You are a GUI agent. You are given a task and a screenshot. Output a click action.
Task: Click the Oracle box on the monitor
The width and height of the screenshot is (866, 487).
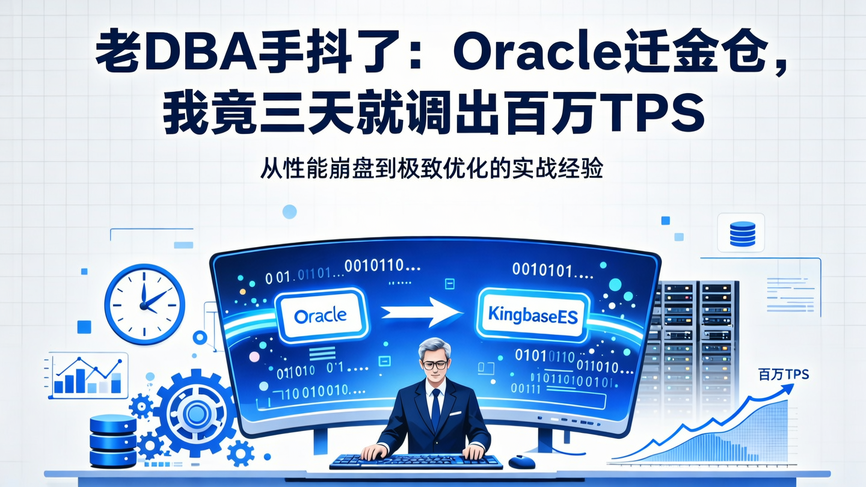point(321,314)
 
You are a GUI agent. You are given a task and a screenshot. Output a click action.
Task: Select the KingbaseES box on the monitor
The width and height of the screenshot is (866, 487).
point(533,314)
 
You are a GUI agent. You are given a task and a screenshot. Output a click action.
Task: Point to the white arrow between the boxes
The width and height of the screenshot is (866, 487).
point(421,313)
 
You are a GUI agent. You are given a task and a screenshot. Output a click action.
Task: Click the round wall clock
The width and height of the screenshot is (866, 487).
point(144,296)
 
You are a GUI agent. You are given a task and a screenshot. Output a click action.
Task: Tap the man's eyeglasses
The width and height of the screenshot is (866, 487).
point(434,364)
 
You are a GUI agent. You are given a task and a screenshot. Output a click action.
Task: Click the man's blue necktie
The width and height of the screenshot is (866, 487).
point(435,409)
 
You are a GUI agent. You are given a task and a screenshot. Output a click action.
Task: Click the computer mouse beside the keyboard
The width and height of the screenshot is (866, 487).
point(521,462)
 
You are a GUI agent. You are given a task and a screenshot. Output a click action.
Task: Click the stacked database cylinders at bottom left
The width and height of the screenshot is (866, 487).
point(112,441)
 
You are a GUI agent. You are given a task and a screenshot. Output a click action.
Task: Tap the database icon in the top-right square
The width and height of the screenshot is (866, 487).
point(742,233)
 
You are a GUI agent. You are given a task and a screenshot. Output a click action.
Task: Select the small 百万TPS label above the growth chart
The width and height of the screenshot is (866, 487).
point(783,375)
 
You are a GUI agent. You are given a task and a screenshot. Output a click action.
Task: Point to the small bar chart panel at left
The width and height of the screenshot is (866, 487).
point(87,376)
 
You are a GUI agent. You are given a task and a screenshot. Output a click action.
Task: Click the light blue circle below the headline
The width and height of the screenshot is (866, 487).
point(289,211)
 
